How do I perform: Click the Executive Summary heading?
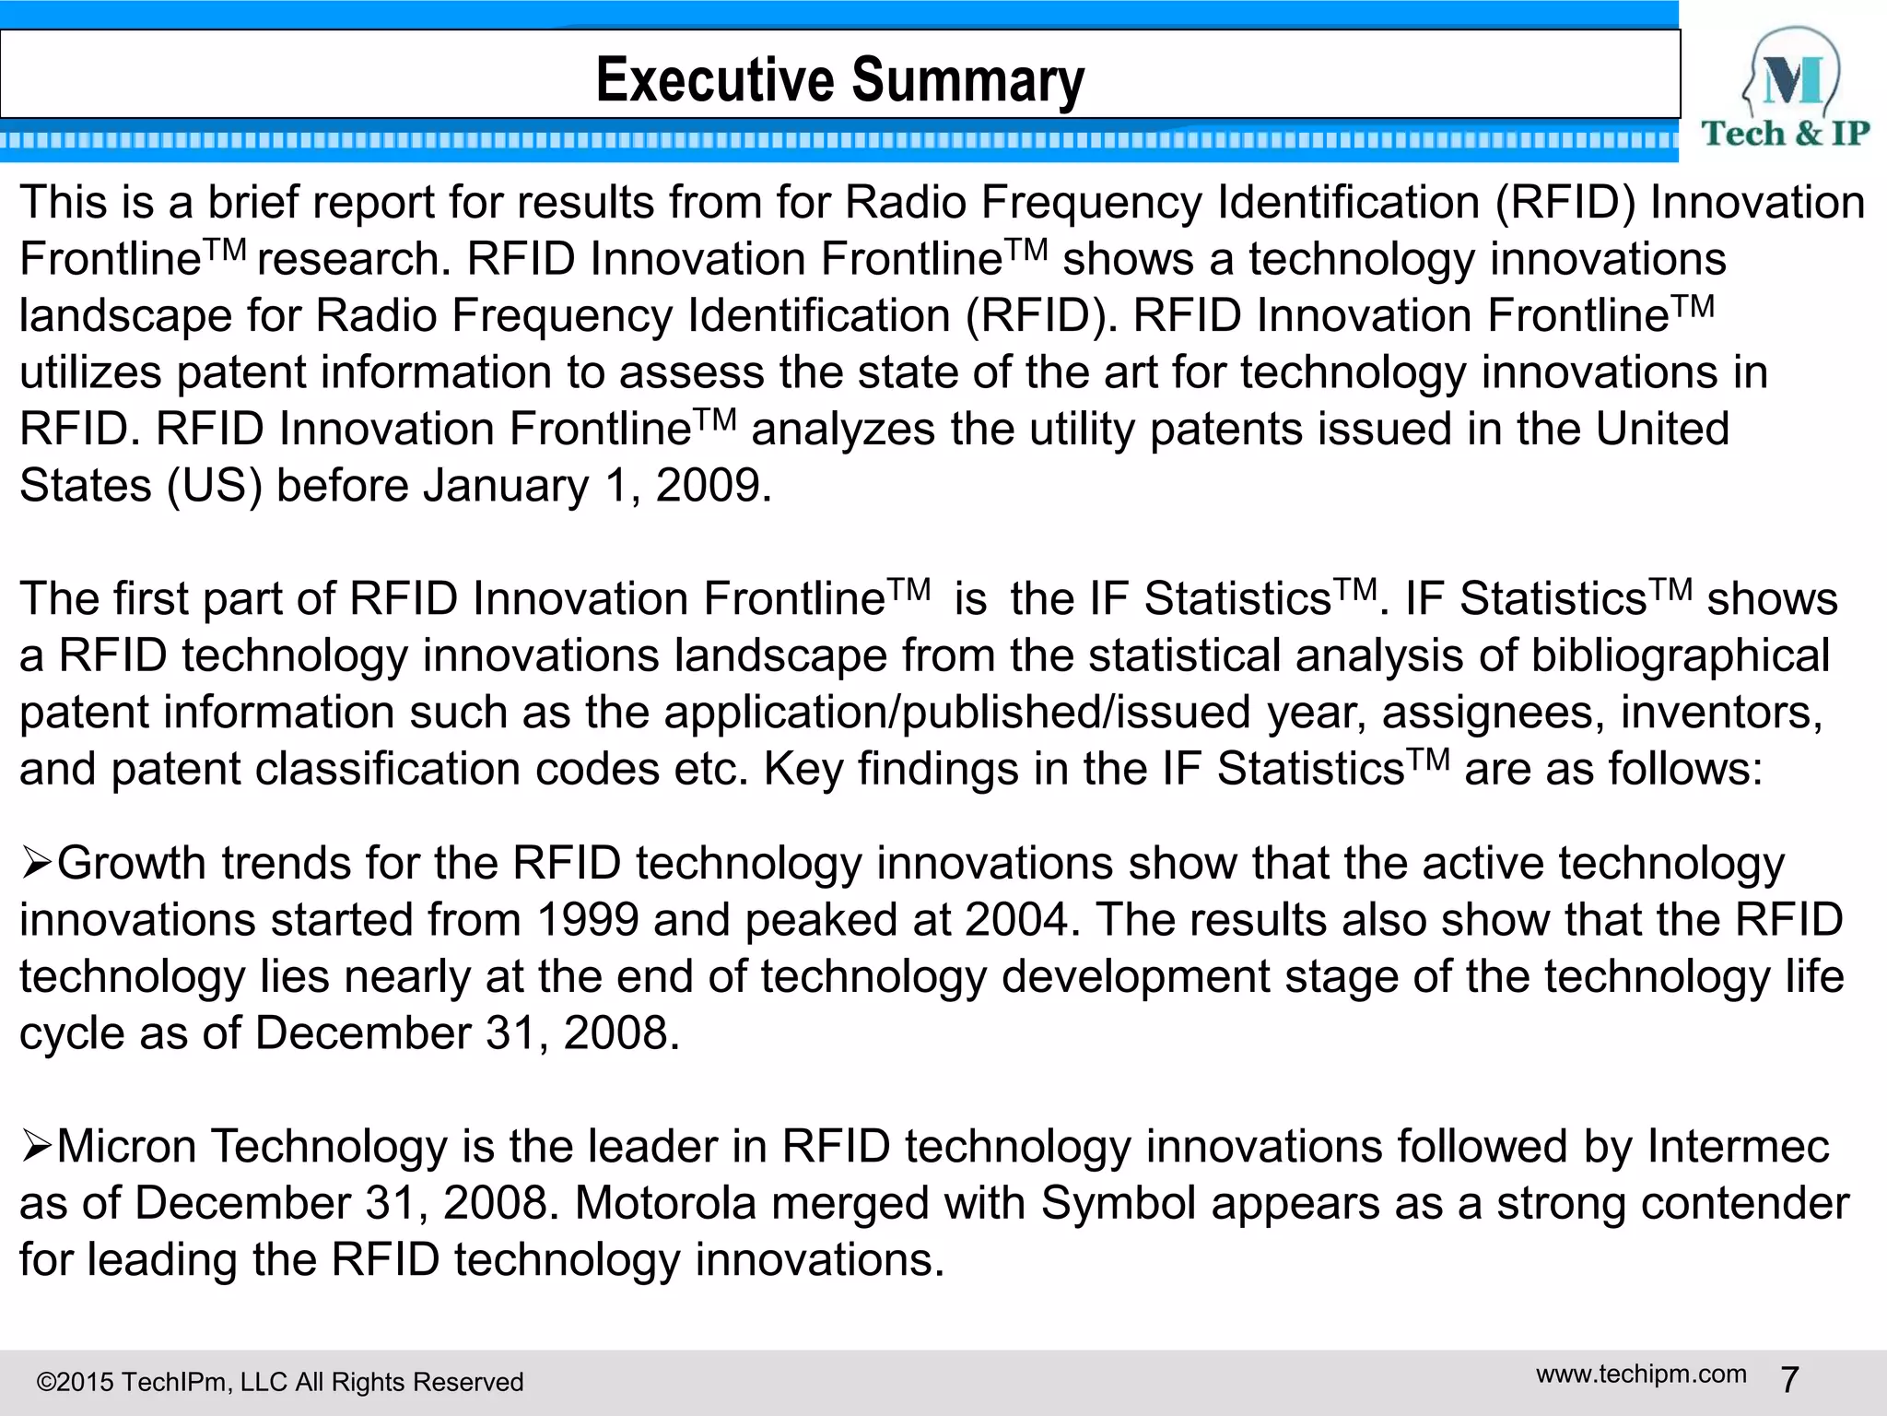pyautogui.click(x=839, y=79)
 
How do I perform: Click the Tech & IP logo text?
pyautogui.click(x=1785, y=135)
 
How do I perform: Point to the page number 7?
pyautogui.click(x=1789, y=1380)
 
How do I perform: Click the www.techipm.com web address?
pyautogui.click(x=1641, y=1375)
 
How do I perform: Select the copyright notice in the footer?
pyautogui.click(x=279, y=1382)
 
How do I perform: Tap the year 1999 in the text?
pyautogui.click(x=587, y=920)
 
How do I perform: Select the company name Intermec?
pyautogui.click(x=1738, y=1147)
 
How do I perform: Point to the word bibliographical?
pyautogui.click(x=1680, y=655)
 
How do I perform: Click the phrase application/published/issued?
pyautogui.click(x=956, y=713)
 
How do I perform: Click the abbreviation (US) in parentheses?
pyautogui.click(x=214, y=486)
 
